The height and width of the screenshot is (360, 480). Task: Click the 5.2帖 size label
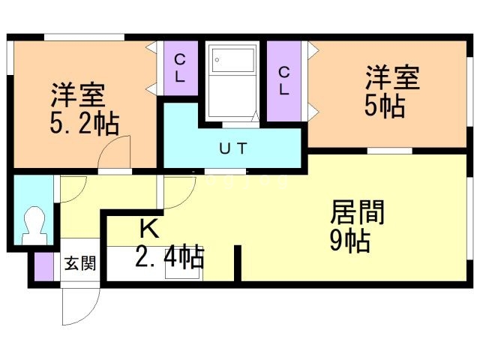(84, 123)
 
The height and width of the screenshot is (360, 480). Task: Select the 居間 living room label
(358, 213)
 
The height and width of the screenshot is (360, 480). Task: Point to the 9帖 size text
(351, 241)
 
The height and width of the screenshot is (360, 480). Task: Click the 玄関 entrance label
(79, 263)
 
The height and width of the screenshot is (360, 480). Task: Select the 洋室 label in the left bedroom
(78, 96)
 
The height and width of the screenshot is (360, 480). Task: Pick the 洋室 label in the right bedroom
(392, 78)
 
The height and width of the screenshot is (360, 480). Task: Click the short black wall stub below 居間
(238, 262)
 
